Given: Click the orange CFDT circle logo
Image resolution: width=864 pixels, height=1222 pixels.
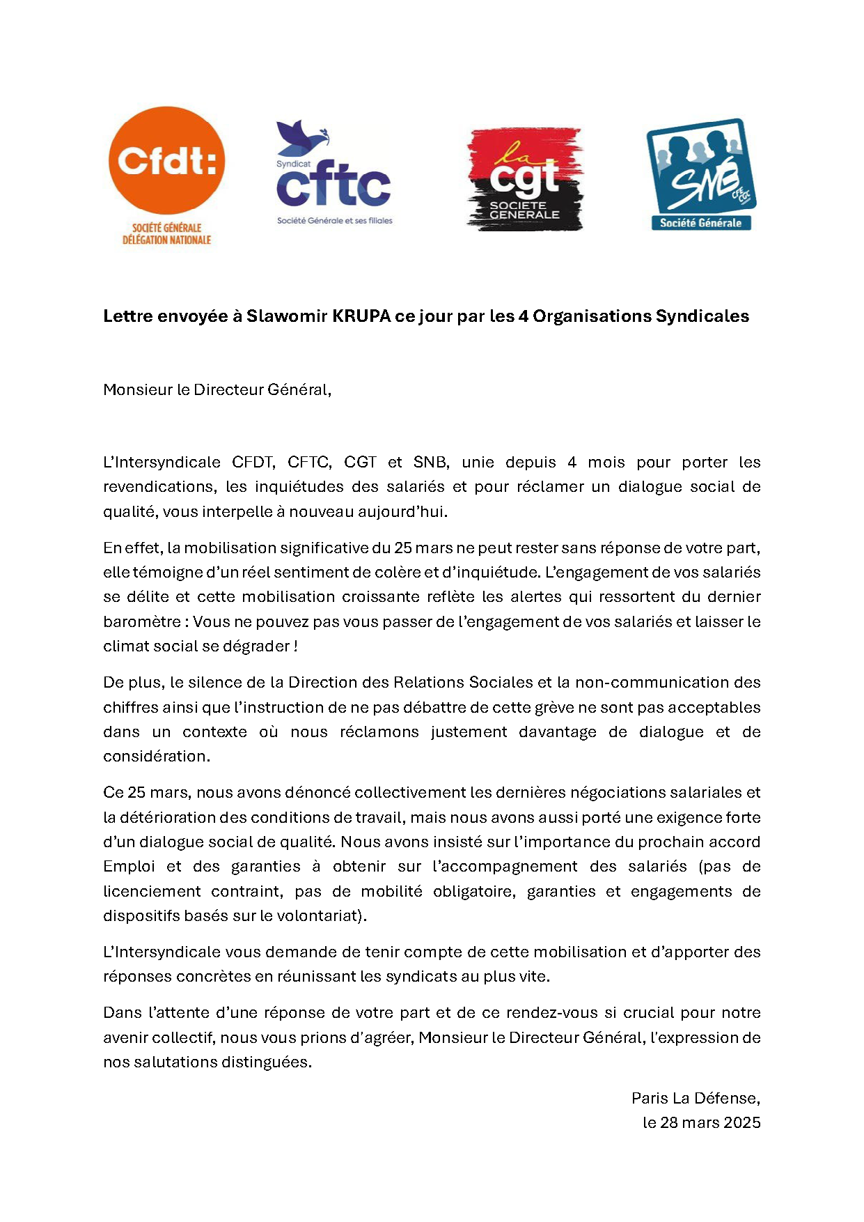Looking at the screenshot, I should click(x=167, y=160).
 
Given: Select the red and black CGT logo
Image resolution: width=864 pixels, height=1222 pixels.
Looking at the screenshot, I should click(x=525, y=179).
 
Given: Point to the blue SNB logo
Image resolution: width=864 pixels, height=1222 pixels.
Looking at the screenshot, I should click(x=700, y=174).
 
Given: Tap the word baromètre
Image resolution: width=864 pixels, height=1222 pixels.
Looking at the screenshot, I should click(x=142, y=621).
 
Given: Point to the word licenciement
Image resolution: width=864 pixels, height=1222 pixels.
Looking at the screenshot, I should click(x=152, y=892).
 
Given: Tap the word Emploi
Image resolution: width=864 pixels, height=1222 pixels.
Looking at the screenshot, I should click(x=129, y=867).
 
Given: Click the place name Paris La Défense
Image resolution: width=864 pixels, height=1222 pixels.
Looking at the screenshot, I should click(x=695, y=1099).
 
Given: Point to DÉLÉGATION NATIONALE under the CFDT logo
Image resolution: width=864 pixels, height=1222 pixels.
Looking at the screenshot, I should click(x=166, y=240).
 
